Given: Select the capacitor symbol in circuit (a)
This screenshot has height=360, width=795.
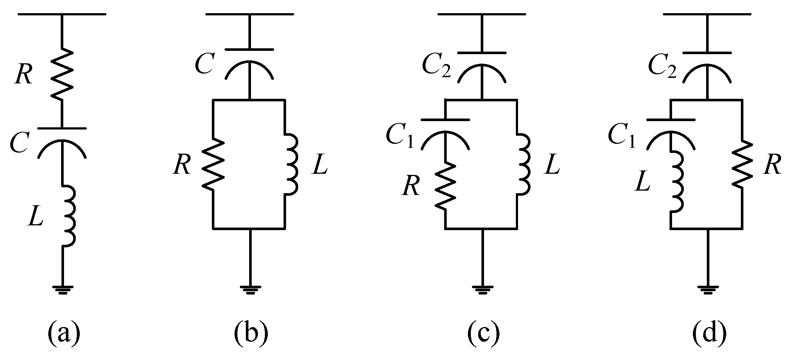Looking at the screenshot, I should [x=62, y=142].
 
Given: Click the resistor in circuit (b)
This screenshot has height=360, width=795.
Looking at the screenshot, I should [x=213, y=164].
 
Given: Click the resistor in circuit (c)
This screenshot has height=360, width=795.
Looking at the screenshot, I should [x=445, y=187].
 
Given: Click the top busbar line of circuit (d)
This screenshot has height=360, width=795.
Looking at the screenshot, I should [x=707, y=14].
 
